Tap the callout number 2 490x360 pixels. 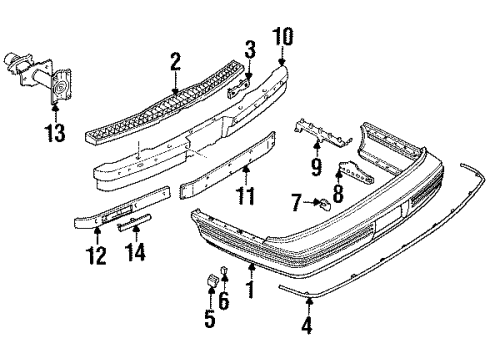click(176, 62)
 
